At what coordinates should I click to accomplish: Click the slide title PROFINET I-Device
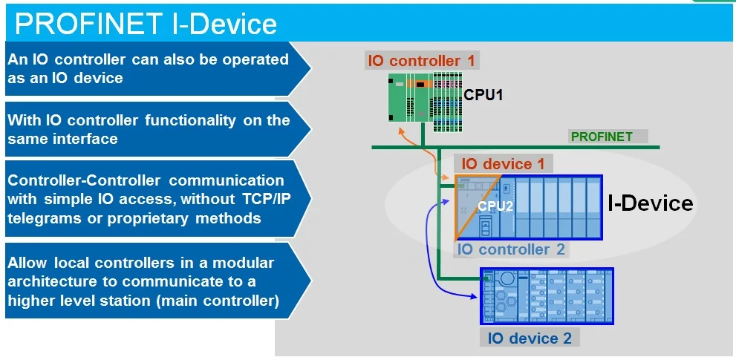(146, 24)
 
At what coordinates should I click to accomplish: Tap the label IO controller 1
(422, 61)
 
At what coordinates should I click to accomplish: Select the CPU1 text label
(483, 95)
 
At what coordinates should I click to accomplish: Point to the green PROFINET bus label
(602, 137)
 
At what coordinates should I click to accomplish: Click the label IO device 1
(504, 164)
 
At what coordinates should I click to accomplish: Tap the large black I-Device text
(650, 203)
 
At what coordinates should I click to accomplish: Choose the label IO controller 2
(511, 249)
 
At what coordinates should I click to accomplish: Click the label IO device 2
(530, 338)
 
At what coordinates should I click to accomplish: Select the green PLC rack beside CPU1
(426, 97)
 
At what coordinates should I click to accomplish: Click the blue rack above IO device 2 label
(547, 296)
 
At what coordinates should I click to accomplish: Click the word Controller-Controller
(83, 180)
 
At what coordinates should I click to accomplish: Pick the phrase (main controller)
(218, 301)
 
